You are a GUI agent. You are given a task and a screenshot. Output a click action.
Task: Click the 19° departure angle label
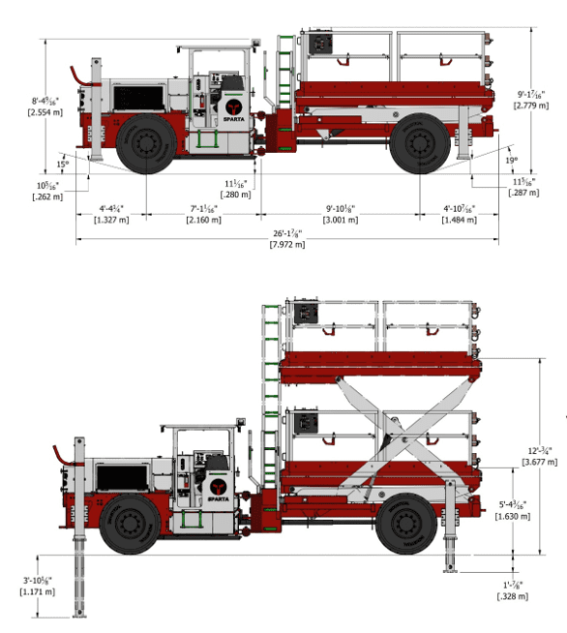(510, 160)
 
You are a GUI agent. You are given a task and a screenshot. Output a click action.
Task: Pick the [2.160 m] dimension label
(202, 220)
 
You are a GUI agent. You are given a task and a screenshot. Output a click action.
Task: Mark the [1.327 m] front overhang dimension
(111, 220)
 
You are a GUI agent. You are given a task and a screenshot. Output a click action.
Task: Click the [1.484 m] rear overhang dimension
(459, 220)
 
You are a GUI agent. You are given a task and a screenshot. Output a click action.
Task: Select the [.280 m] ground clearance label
(235, 195)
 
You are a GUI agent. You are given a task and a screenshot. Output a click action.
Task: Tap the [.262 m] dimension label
(48, 196)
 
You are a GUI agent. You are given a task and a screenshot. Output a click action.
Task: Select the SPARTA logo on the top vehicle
(232, 107)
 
